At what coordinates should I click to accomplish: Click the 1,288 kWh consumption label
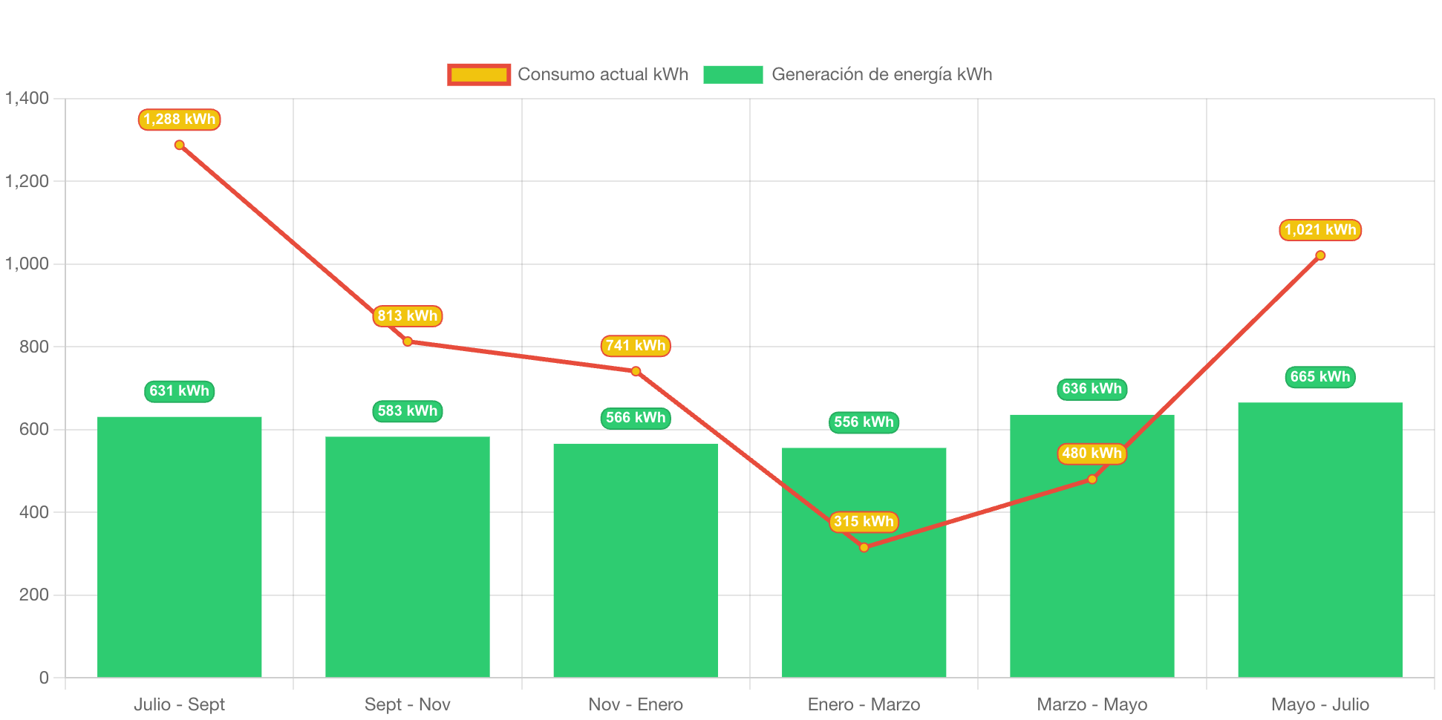[x=179, y=120]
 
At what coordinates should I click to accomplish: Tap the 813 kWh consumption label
[x=407, y=316]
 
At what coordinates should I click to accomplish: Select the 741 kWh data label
[x=635, y=346]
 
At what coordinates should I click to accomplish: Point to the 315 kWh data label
[x=864, y=522]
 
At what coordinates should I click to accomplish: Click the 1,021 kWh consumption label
[x=1319, y=230]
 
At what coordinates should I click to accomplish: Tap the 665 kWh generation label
[x=1319, y=377]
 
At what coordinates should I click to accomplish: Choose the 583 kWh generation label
[x=407, y=411]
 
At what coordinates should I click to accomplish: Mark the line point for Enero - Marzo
[x=864, y=548]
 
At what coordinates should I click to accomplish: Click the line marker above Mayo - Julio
[x=1319, y=255]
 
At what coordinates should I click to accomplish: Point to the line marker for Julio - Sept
[x=179, y=145]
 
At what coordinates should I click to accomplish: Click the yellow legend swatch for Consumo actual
[x=479, y=74]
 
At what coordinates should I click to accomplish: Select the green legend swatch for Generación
[x=733, y=74]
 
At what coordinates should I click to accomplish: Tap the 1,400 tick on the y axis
[x=27, y=98]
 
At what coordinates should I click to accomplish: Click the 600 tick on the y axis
[x=34, y=429]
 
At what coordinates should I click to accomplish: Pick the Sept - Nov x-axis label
[x=407, y=704]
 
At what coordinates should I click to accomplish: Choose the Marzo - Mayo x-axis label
[x=1092, y=704]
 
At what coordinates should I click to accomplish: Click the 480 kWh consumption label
[x=1092, y=454]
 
